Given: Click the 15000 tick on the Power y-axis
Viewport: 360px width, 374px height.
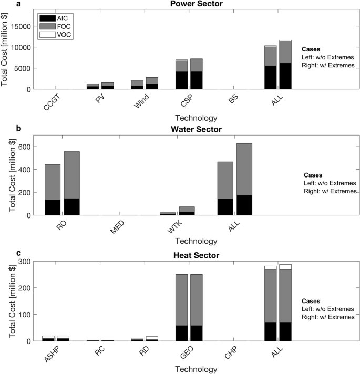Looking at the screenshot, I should pos(19,26).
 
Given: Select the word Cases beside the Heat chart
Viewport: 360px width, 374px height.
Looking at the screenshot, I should pos(311,301).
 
